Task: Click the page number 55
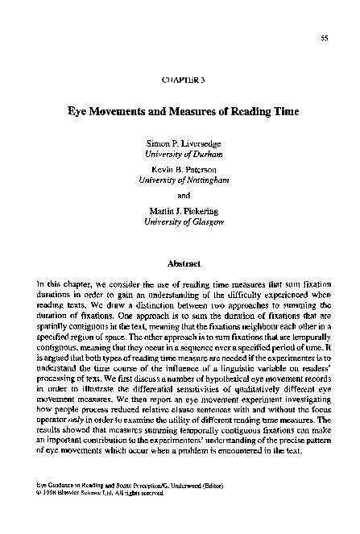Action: (x=324, y=39)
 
